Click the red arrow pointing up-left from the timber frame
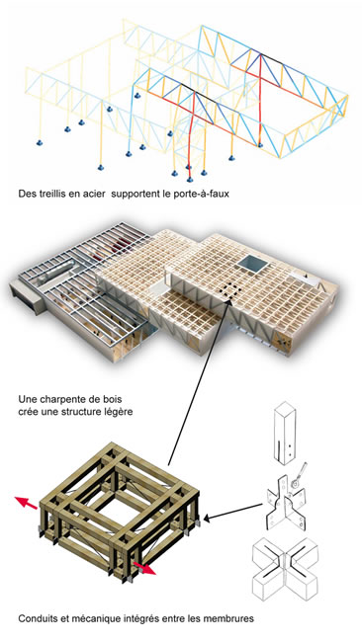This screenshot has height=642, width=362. click(x=27, y=503)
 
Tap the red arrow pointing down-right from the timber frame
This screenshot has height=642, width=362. click(x=144, y=568)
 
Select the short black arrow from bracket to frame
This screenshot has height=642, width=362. click(x=232, y=512)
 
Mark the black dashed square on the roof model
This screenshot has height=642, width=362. click(x=229, y=291)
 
